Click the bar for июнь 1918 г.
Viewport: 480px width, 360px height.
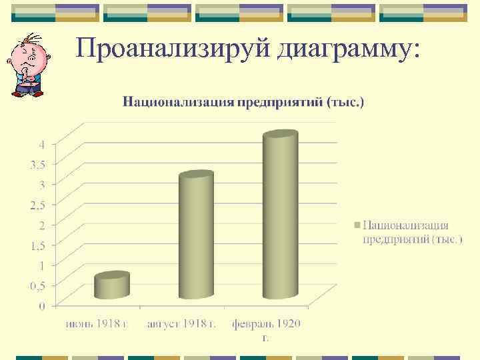click(111, 286)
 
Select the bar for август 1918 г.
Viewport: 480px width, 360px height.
click(196, 236)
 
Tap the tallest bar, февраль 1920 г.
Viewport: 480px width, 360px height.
click(280, 217)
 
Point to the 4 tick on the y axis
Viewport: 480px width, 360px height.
click(41, 144)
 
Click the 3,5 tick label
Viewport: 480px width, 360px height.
click(37, 164)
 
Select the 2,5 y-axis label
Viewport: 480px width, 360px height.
click(37, 204)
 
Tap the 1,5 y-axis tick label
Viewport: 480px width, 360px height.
click(37, 245)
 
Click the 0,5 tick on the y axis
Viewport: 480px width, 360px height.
click(37, 285)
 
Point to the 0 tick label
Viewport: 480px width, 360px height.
click(42, 305)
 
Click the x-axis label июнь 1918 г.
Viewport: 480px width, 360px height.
click(97, 324)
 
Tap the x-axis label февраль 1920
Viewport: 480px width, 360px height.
click(266, 324)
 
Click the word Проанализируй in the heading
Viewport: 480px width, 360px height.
click(172, 48)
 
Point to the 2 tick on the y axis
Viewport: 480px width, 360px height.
click(41, 225)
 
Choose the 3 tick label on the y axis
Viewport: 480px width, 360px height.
click(41, 184)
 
